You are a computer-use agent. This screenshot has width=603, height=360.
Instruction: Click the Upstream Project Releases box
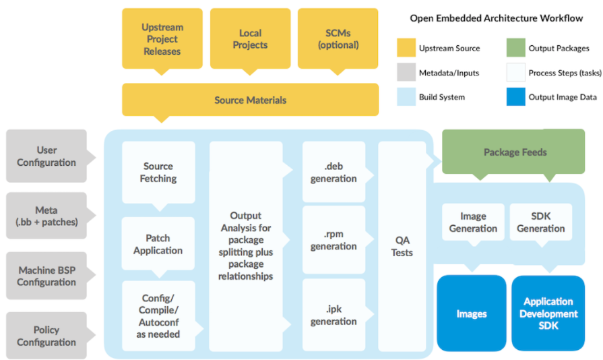pyautogui.click(x=162, y=39)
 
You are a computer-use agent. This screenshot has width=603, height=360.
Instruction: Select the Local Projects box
pyautogui.click(x=251, y=39)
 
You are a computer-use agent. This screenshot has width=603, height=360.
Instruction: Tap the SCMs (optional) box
pyautogui.click(x=338, y=39)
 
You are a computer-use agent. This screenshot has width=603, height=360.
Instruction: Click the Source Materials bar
pyautogui.click(x=250, y=100)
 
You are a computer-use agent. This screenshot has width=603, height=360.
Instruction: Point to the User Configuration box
pyautogui.click(x=46, y=156)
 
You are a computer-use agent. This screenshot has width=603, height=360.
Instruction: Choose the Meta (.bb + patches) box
pyautogui.click(x=46, y=216)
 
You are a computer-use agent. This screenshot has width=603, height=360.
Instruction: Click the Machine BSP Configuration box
pyautogui.click(x=46, y=276)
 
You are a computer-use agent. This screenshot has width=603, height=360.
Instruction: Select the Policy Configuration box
pyautogui.click(x=46, y=336)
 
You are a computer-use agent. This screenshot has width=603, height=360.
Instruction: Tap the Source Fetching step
pyautogui.click(x=158, y=172)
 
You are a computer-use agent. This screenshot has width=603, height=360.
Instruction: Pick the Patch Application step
pyautogui.click(x=158, y=244)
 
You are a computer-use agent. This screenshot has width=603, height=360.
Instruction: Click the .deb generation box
pyautogui.click(x=334, y=172)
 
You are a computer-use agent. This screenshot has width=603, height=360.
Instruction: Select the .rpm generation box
pyautogui.click(x=334, y=239)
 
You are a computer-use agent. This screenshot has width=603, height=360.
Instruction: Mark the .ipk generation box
pyautogui.click(x=334, y=315)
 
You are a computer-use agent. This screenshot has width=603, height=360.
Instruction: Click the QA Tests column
pyautogui.click(x=402, y=246)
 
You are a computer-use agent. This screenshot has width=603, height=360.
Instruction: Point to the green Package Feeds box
pyautogui.click(x=515, y=152)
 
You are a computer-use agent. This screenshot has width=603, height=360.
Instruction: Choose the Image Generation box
pyautogui.click(x=473, y=222)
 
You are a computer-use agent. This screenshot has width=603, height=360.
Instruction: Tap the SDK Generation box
pyautogui.click(x=540, y=222)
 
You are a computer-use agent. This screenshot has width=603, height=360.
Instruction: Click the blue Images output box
pyautogui.click(x=472, y=313)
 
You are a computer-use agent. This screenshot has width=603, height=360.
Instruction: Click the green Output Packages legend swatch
pyautogui.click(x=515, y=49)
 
